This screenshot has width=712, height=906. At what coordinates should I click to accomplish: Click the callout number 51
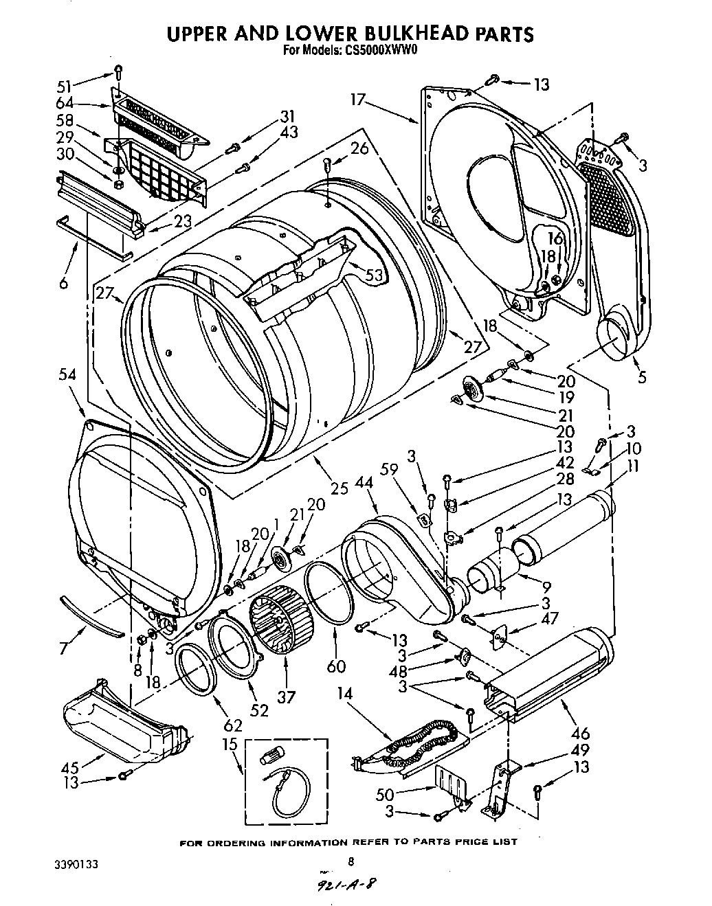[64, 86]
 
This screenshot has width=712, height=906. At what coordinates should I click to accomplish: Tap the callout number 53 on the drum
[374, 275]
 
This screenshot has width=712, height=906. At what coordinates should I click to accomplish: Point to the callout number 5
[641, 376]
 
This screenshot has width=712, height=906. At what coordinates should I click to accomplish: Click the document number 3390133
[77, 863]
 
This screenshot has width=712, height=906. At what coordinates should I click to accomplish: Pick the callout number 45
[70, 766]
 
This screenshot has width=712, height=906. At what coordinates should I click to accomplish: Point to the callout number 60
[337, 666]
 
